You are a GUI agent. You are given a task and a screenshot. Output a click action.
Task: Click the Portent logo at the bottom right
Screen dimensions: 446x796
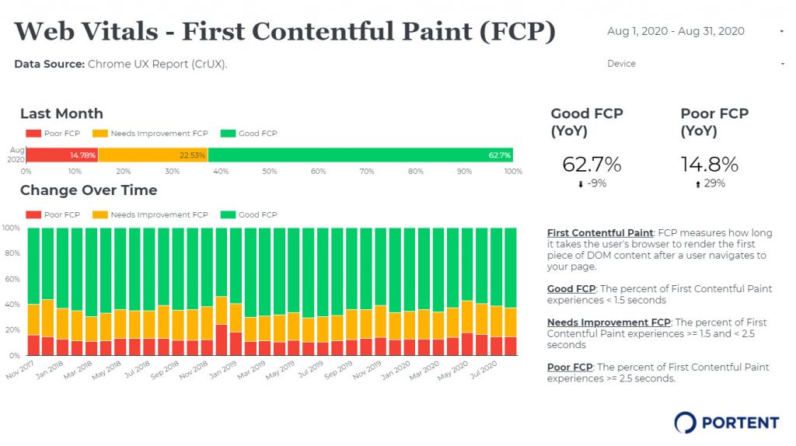tap(726, 423)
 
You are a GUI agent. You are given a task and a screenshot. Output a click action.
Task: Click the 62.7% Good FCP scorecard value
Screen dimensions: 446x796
tap(591, 165)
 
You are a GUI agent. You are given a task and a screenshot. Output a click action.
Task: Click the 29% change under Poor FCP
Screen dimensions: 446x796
tap(710, 184)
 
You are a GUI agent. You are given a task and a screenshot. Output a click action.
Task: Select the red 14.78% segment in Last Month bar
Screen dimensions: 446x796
tap(62, 155)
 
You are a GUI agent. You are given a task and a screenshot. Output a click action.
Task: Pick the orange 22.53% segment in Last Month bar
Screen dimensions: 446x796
tap(153, 155)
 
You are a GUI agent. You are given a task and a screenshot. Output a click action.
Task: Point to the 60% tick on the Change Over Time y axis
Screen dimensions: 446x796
tap(11, 279)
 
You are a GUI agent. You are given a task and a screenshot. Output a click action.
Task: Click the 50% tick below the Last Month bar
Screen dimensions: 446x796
tap(269, 171)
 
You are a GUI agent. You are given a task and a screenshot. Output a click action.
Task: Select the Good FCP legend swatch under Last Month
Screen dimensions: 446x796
tap(229, 134)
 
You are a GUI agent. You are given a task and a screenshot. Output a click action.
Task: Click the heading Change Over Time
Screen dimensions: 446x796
tap(89, 190)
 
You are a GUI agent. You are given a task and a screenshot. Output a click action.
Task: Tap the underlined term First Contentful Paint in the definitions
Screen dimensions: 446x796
tap(600, 233)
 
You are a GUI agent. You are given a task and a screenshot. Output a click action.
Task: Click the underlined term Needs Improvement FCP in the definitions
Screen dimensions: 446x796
tap(608, 322)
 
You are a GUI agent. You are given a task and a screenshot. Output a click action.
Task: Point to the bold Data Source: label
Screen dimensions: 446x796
tap(49, 64)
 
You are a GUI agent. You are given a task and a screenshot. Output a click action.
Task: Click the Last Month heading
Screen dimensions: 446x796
tap(61, 113)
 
